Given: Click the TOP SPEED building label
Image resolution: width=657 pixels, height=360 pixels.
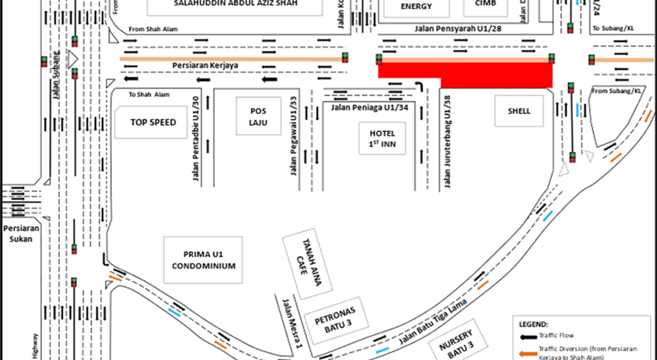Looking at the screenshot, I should tap(158, 122).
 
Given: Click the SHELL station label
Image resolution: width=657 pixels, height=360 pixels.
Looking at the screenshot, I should tap(518, 111).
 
